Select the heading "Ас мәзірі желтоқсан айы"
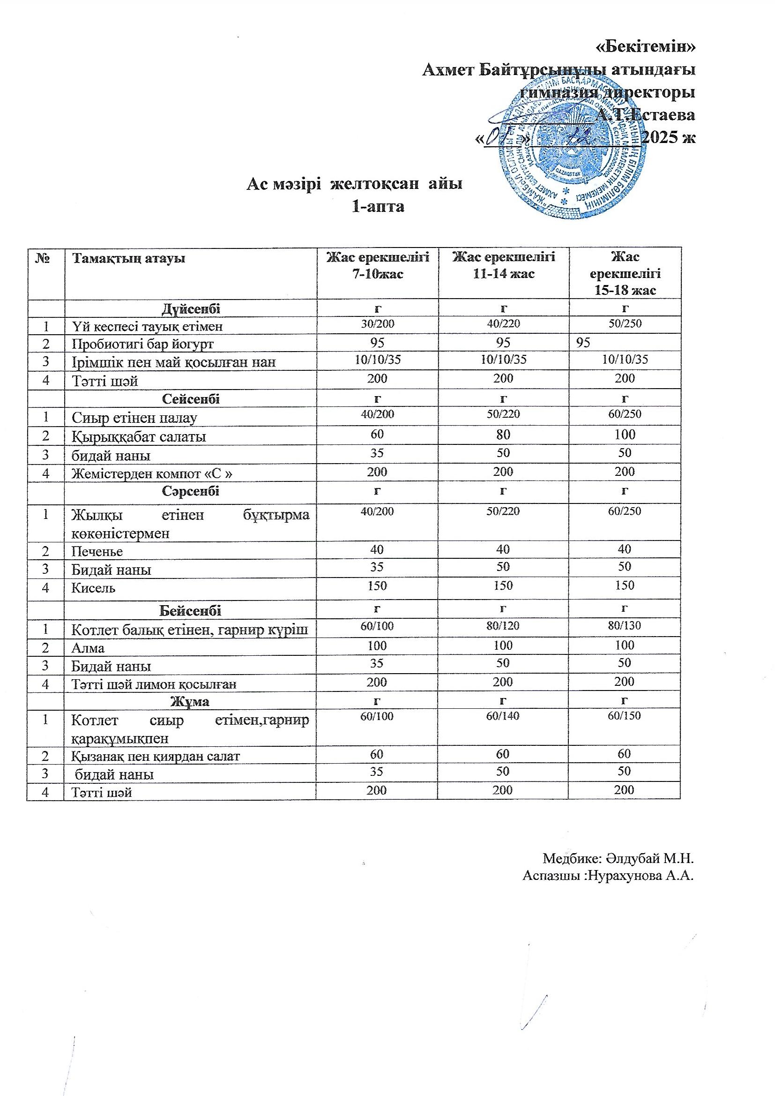354,184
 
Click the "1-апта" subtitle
378,207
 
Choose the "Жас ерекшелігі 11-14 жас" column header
503,265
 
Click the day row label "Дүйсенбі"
191,309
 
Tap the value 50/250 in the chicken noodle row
625,323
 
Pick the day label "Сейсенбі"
191,399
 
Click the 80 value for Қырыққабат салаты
503,435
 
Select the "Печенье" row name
97,552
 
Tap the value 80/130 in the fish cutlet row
625,626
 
